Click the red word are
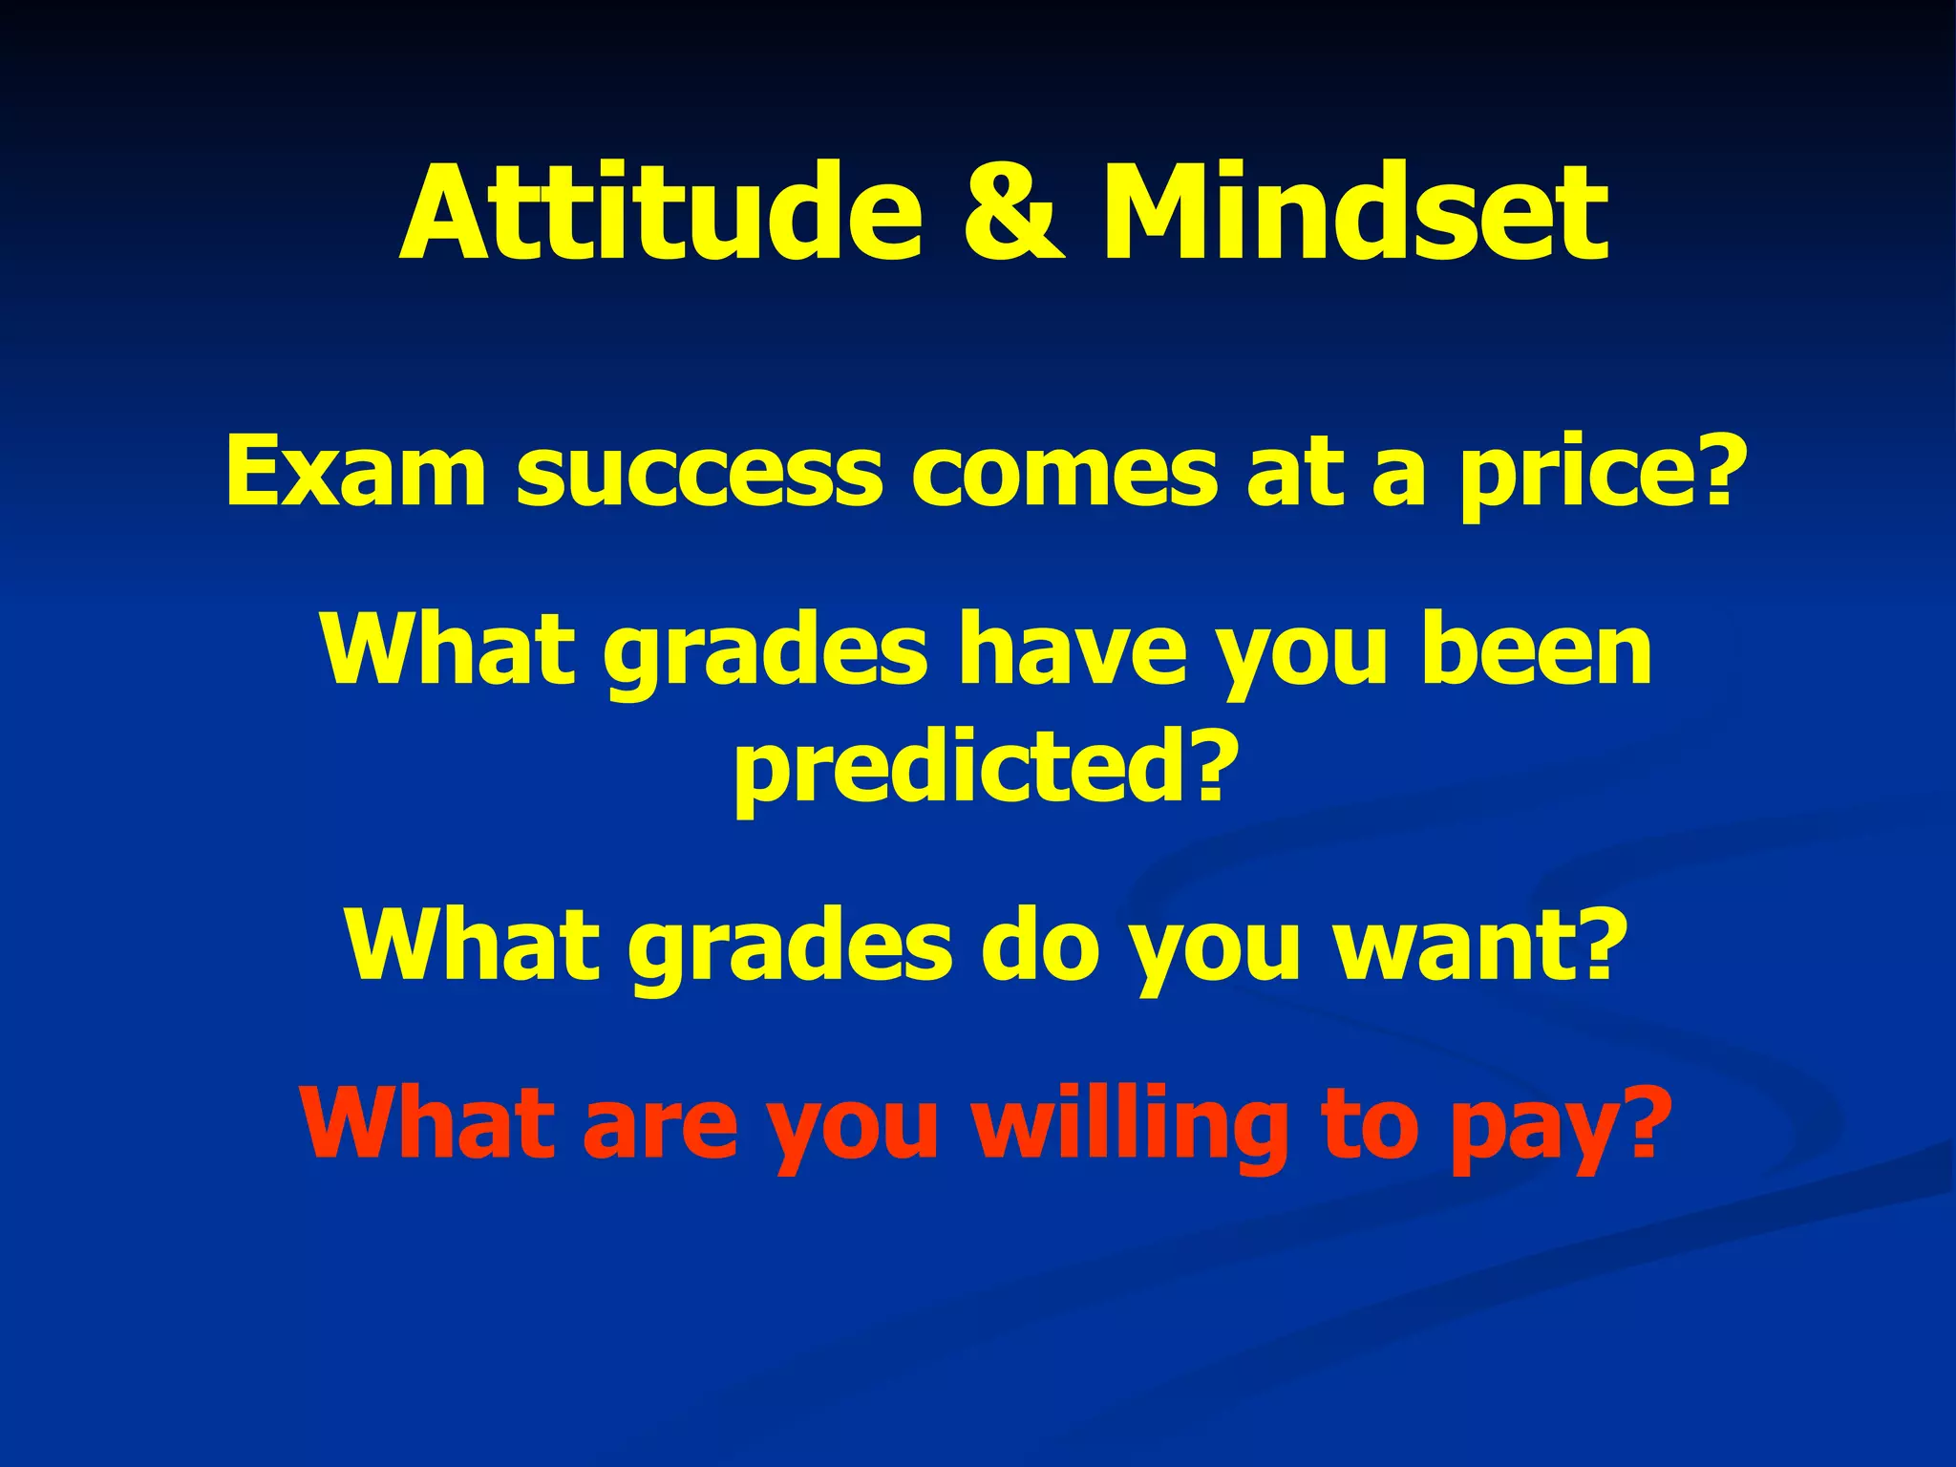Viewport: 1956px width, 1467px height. [x=659, y=1127]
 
